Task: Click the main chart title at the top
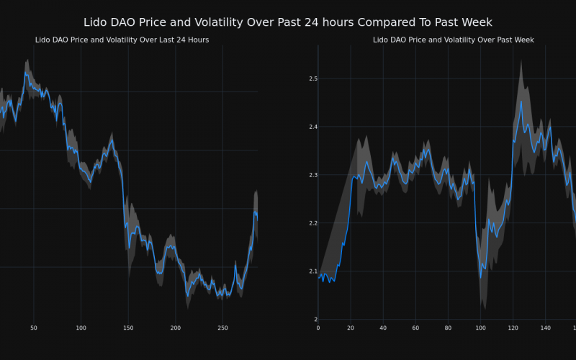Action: tap(288, 22)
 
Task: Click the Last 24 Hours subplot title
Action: tap(122, 40)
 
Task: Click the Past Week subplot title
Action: tap(453, 40)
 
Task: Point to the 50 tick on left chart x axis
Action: tap(33, 328)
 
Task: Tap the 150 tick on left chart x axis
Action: tap(128, 328)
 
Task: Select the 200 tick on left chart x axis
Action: tap(175, 328)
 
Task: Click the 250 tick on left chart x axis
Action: tap(222, 328)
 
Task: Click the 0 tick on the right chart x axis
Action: tap(318, 328)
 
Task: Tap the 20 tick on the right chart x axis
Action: tap(351, 328)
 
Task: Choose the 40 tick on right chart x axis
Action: tap(383, 328)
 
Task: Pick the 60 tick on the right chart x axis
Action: tap(415, 328)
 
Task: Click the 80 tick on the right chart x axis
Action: tap(448, 328)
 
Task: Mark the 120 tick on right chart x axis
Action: tap(512, 328)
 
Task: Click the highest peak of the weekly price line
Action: tap(521, 101)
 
